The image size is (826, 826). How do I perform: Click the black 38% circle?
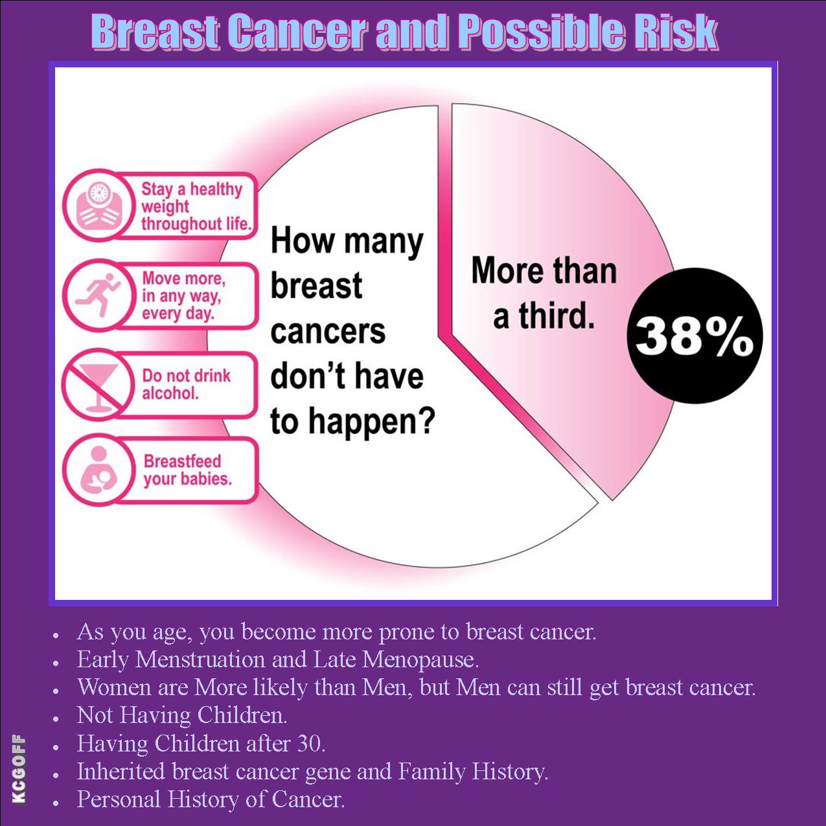694,336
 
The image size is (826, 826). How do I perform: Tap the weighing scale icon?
98,205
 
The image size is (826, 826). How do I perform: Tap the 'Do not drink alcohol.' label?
186,384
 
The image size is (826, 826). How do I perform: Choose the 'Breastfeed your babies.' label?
187,470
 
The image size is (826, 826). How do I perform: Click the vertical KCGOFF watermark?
19,770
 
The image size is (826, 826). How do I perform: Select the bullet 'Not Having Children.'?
182,715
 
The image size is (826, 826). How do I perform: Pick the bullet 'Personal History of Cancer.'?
211,799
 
